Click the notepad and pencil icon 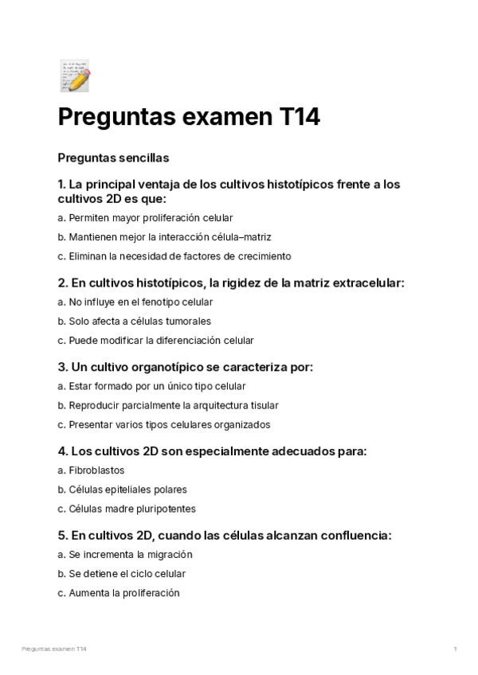(75, 75)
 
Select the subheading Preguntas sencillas (113, 158)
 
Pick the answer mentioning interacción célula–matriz (165, 236)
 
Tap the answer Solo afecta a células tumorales (135, 321)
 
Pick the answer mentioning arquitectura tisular (168, 405)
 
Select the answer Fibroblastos (86, 470)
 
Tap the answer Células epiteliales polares (123, 490)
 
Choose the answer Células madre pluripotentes (127, 509)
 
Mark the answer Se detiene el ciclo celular (122, 573)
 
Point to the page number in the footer (455, 649)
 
